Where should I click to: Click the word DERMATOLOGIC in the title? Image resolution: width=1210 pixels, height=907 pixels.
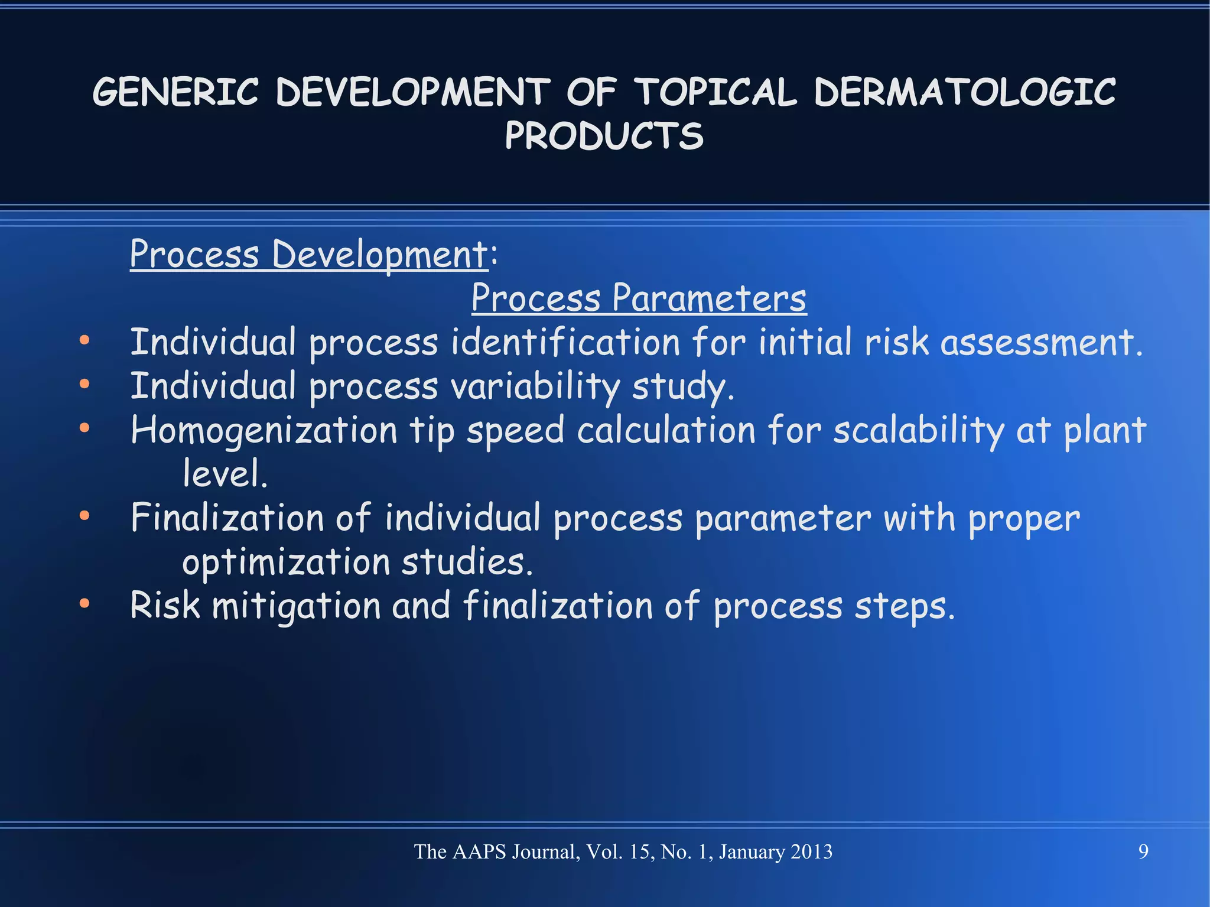(x=964, y=93)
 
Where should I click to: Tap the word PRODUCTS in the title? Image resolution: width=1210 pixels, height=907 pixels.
(x=604, y=136)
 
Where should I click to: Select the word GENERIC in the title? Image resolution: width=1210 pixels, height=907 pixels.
(x=175, y=93)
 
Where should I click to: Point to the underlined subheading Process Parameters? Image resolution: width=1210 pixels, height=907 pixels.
(x=639, y=298)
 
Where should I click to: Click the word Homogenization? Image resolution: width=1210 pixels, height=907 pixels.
(x=264, y=430)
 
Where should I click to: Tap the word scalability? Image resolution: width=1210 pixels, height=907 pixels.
(x=918, y=430)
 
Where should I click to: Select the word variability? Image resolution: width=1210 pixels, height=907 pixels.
(x=535, y=386)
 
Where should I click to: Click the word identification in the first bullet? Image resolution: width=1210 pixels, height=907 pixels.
(x=565, y=343)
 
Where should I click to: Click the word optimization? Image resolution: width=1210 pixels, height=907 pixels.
(x=286, y=562)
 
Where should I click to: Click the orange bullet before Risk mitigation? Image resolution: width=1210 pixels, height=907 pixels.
(x=84, y=603)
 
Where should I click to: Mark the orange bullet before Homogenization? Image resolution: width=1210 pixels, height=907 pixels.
(x=84, y=428)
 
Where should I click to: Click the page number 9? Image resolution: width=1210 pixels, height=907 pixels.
(x=1143, y=851)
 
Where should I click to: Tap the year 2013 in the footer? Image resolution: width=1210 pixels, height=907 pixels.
(x=811, y=851)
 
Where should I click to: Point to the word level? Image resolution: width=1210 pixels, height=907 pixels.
(x=225, y=474)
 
